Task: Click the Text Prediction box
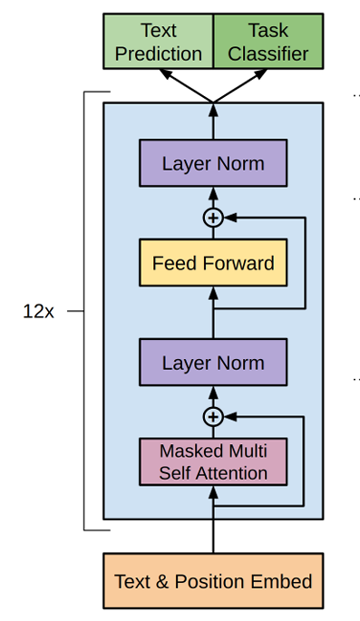(x=159, y=42)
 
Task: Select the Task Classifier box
(x=268, y=42)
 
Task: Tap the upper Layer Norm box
(x=213, y=163)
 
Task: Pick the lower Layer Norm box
(x=213, y=362)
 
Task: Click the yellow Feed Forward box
(x=213, y=263)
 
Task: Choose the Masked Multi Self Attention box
(x=213, y=461)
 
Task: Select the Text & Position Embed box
(x=213, y=580)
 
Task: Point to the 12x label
(x=38, y=312)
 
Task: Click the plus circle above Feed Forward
(x=213, y=218)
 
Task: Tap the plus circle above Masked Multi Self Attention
(x=213, y=417)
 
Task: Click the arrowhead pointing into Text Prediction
(x=166, y=74)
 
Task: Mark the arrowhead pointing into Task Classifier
(x=260, y=74)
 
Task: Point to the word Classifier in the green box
(x=268, y=53)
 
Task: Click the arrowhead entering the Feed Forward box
(x=213, y=293)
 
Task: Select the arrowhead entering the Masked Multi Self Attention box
(x=213, y=492)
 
